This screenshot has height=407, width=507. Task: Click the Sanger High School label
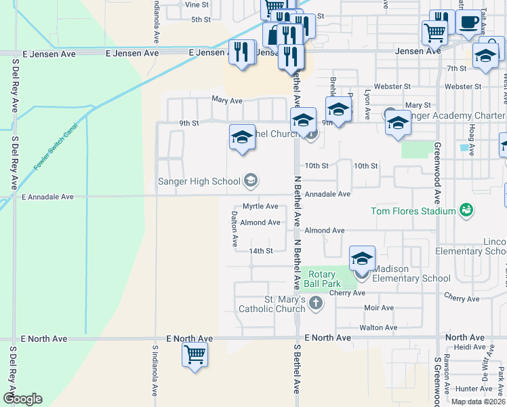point(199,181)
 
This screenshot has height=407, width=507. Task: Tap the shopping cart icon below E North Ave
point(195,353)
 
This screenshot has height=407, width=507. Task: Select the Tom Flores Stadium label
point(413,211)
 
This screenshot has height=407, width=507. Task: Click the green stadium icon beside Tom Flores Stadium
point(466,210)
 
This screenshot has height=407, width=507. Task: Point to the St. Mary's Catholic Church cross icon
point(315,303)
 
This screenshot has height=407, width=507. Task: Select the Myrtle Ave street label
point(260,206)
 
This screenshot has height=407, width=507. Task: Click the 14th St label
point(260,251)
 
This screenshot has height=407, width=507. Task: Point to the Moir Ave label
point(378,308)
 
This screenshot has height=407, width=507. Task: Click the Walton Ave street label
point(378,328)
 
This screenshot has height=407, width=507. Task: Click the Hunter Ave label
point(473,389)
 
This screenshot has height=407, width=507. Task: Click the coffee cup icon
point(468,22)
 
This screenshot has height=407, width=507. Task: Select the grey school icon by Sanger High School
point(251,180)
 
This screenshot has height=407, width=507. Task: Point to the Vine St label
point(196,4)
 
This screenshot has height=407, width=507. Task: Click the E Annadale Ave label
point(47,197)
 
